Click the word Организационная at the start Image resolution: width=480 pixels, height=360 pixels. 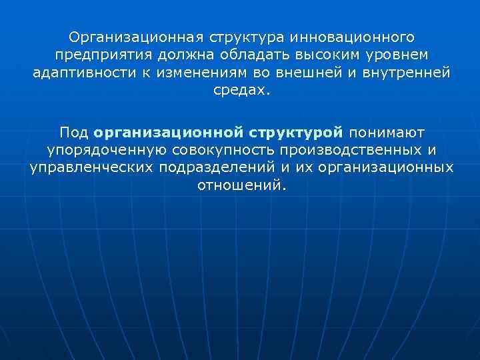131,34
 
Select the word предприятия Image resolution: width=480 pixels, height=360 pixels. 97,53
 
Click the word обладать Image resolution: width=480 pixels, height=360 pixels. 245,53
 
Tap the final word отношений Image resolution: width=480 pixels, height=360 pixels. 242,185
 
